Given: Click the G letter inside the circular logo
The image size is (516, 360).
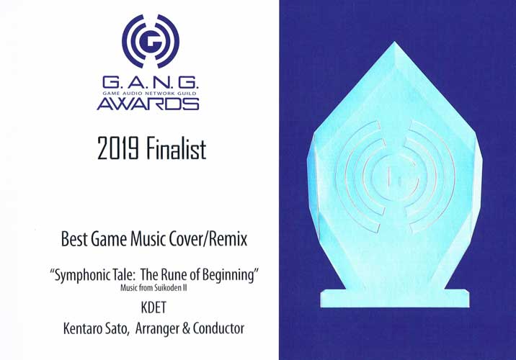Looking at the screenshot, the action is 151,42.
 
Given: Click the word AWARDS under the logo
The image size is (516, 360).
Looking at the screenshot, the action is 148,104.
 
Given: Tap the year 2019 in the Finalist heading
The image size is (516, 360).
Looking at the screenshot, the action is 117,148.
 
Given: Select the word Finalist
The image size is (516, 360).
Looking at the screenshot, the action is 177,148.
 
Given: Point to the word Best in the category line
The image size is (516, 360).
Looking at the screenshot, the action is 74,239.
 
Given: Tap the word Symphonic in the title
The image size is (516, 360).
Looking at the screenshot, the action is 80,274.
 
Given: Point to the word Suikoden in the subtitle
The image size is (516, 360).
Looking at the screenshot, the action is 166,288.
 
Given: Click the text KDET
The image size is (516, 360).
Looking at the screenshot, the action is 154,307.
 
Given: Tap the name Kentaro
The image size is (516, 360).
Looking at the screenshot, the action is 83,328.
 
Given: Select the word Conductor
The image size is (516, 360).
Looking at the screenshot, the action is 219,328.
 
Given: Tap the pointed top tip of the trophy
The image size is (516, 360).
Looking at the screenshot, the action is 394,42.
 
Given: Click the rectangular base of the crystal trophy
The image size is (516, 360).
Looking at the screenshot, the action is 395,299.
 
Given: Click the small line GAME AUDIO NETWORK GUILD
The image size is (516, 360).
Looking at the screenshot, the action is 149,94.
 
